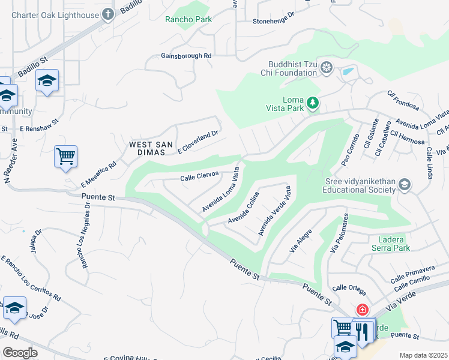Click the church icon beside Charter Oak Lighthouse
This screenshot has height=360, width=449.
[x=108, y=14]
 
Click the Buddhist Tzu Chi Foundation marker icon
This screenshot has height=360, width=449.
[x=326, y=67]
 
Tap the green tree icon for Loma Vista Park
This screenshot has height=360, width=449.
[x=312, y=103]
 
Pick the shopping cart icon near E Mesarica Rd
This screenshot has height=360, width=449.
[x=65, y=157]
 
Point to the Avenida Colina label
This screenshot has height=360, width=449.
[x=243, y=209]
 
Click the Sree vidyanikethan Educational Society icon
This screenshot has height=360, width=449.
[x=405, y=185]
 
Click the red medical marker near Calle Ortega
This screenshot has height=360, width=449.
[x=362, y=310]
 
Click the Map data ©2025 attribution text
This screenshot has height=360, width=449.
[x=423, y=355]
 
